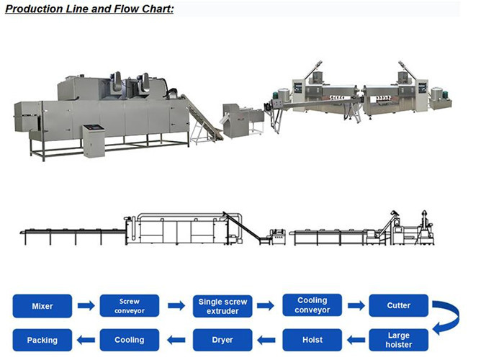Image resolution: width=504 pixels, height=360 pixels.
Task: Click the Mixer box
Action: tap(42, 306)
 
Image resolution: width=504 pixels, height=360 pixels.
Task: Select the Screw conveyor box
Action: tap(130, 306)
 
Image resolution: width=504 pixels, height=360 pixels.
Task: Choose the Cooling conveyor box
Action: tap(311, 306)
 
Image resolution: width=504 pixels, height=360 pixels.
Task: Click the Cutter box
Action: tap(399, 306)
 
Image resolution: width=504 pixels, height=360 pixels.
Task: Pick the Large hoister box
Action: tap(399, 339)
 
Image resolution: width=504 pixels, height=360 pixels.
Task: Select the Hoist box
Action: tap(311, 339)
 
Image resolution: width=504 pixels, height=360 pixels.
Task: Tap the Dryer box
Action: tap(222, 339)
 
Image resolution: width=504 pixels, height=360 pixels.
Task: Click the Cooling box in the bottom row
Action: tap(130, 339)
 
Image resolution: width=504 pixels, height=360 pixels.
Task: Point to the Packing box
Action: tap(42, 339)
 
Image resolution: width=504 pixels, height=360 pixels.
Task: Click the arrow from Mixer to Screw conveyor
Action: tap(86, 306)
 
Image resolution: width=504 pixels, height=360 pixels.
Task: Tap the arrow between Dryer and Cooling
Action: tap(176, 339)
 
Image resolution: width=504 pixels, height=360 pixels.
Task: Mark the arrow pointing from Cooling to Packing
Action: tap(86, 339)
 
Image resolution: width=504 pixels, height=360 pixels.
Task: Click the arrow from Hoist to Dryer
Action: tap(266, 339)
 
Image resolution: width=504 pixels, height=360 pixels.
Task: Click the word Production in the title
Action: tap(35, 10)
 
